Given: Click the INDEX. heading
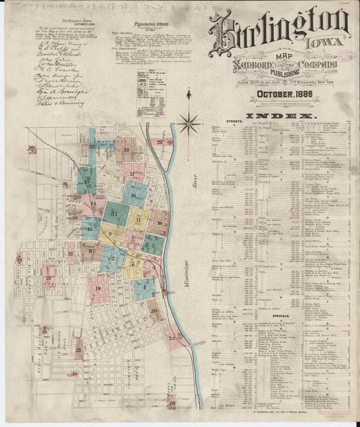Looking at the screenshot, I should [282, 118].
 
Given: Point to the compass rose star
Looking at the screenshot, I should [190, 124].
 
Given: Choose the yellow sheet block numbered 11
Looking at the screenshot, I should [138, 220].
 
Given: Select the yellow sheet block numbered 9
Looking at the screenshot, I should [110, 234].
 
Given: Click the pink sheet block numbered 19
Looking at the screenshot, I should [99, 288].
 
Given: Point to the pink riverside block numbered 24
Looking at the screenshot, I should [174, 336].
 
